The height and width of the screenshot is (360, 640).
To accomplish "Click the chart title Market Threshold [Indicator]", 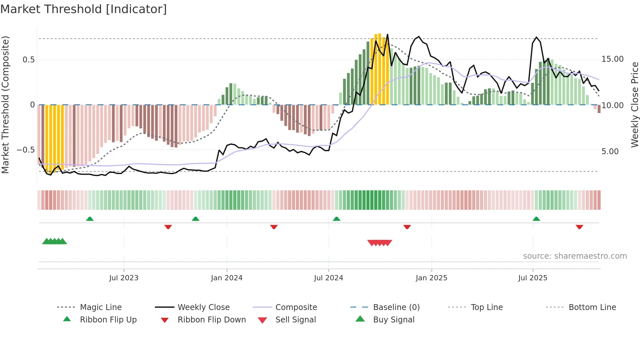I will click(84, 9).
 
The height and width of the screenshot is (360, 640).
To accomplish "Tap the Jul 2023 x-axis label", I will click(124, 278).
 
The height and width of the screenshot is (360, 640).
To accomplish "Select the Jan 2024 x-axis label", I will click(227, 278).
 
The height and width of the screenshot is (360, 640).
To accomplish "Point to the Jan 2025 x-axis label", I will click(431, 278).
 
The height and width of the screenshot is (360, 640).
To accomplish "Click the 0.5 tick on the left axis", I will click(28, 60).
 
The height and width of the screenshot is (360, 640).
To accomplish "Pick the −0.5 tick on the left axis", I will click(26, 150).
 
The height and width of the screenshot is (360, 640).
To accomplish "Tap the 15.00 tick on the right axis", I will click(612, 59).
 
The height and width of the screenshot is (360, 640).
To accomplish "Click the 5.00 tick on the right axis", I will click(610, 152).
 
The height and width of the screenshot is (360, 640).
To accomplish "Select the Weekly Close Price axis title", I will click(634, 105).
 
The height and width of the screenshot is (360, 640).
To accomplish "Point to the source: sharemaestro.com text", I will click(575, 256).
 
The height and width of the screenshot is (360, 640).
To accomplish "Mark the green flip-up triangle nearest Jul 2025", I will click(536, 219).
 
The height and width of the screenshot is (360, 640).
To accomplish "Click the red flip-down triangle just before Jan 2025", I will click(407, 227).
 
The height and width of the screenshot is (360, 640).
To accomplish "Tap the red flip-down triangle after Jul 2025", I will click(579, 227).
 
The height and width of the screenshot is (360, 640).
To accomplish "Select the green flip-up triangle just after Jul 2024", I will click(336, 219).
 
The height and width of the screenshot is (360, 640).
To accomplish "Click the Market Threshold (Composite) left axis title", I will click(5, 105).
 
